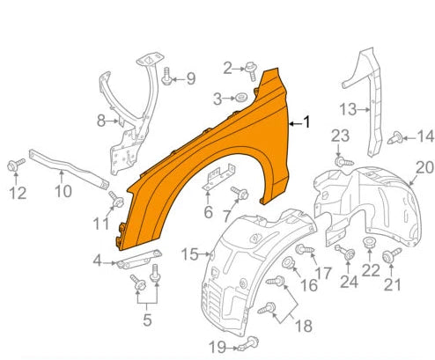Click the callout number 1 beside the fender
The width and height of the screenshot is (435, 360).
pyautogui.click(x=306, y=123)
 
